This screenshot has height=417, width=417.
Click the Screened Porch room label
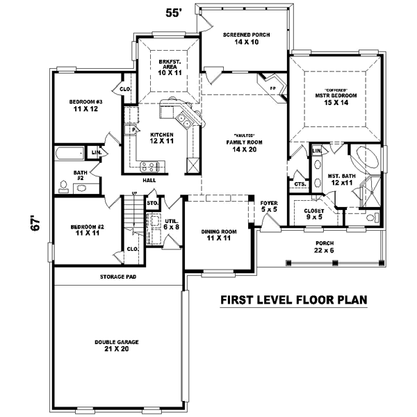pyautogui.click(x=246, y=38)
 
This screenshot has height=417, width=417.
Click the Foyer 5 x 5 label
pyautogui.click(x=268, y=206)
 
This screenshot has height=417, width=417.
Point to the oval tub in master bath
pyautogui.click(x=368, y=158)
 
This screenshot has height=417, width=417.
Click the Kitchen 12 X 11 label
pyautogui.click(x=162, y=137)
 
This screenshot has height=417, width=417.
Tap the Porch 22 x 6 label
pyautogui.click(x=323, y=247)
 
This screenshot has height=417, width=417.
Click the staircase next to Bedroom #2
pyautogui.click(x=130, y=215)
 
